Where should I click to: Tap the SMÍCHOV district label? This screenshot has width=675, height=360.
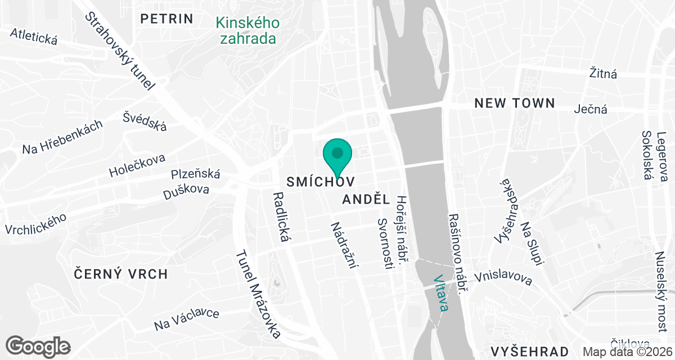[321, 182]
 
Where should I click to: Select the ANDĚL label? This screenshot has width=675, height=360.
[366, 199]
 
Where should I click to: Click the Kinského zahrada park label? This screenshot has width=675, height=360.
[247, 31]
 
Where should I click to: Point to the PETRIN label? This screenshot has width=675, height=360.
[167, 19]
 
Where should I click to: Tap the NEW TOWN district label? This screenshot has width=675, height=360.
[515, 103]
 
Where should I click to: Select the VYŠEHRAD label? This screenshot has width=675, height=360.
[532, 352]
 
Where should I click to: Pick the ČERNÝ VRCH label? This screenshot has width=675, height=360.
[121, 274]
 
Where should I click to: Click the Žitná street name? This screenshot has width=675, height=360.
[603, 73]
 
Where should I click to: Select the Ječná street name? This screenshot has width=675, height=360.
[591, 109]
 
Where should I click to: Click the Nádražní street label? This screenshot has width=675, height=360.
[344, 245]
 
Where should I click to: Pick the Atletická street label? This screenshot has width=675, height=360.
[34, 37]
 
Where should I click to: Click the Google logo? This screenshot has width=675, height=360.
[38, 346]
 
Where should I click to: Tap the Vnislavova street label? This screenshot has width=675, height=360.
[503, 278]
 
